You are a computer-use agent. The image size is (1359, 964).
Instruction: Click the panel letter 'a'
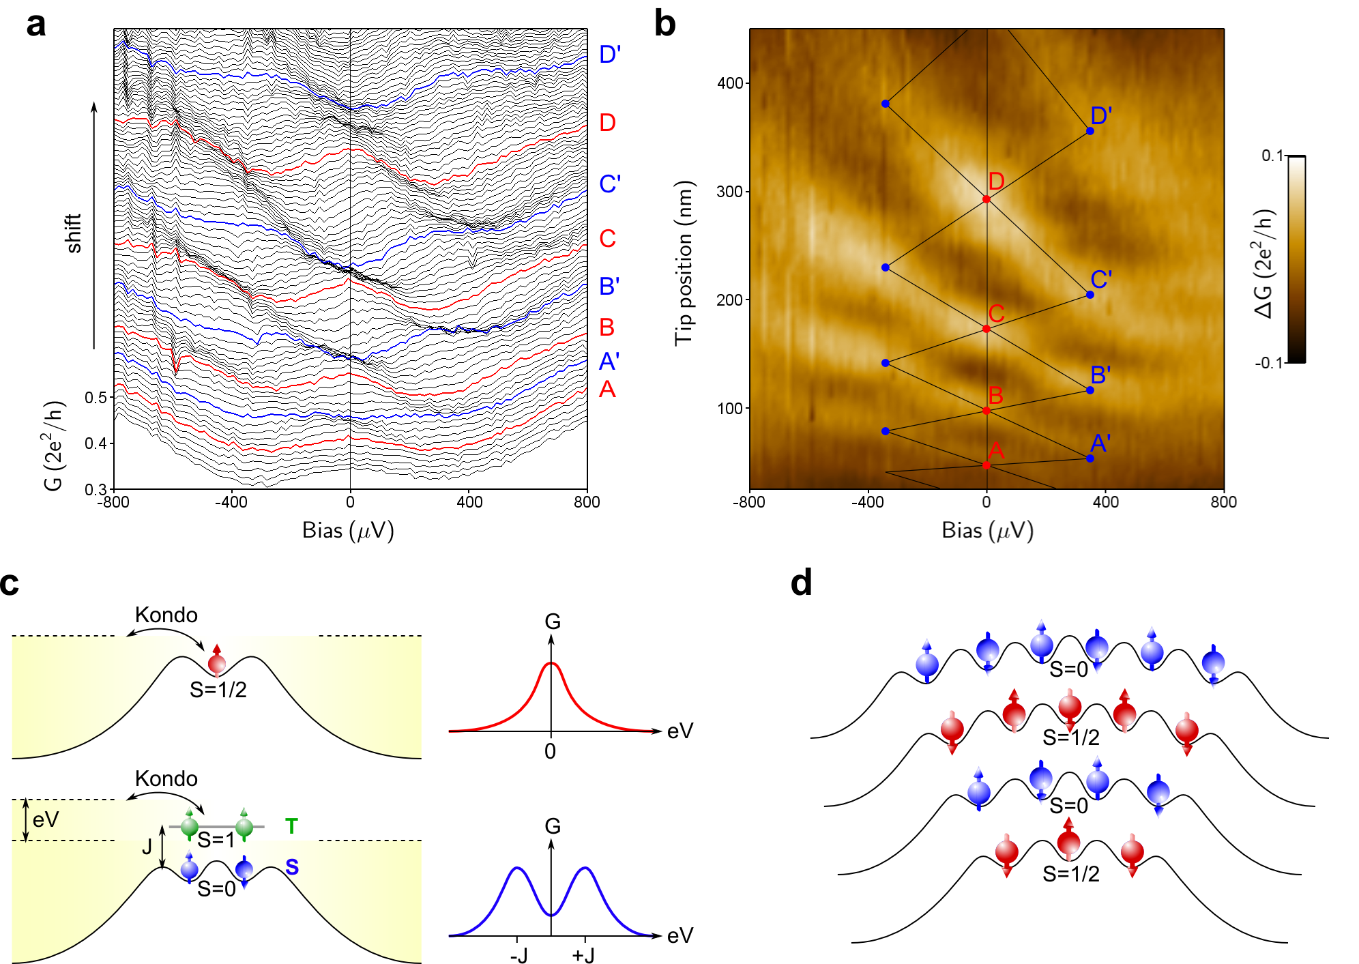click(36, 25)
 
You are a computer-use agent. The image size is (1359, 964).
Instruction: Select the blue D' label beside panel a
click(609, 55)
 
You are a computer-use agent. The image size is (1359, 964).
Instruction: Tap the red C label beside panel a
click(607, 239)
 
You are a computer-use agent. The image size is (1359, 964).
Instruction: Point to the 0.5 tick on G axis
click(96, 397)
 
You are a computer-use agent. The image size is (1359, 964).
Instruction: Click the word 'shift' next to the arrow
click(73, 233)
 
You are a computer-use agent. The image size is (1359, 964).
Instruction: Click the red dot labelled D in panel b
click(987, 199)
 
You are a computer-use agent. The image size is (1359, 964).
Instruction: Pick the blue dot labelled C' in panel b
click(1090, 295)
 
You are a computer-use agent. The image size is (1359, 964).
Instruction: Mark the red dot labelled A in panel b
click(987, 465)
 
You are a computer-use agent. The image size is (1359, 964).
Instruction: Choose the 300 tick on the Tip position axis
click(730, 192)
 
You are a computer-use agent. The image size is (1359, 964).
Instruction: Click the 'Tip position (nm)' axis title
click(684, 263)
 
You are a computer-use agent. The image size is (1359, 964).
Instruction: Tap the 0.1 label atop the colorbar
click(1272, 156)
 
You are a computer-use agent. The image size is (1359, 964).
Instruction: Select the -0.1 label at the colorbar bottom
click(1269, 362)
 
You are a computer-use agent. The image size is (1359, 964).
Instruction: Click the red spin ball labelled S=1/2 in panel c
click(217, 662)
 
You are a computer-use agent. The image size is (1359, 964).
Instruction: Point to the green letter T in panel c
click(291, 826)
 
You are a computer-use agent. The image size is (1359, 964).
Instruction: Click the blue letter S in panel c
click(292, 867)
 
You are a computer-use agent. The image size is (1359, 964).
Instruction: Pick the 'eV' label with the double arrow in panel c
click(46, 819)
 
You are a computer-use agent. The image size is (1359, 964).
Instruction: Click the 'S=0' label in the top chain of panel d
click(1068, 669)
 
